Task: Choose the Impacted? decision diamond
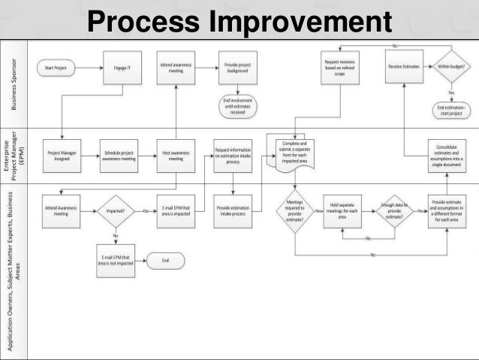(115, 211)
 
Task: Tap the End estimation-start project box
(450, 111)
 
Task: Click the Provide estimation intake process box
(233, 211)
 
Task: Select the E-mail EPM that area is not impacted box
(116, 260)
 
